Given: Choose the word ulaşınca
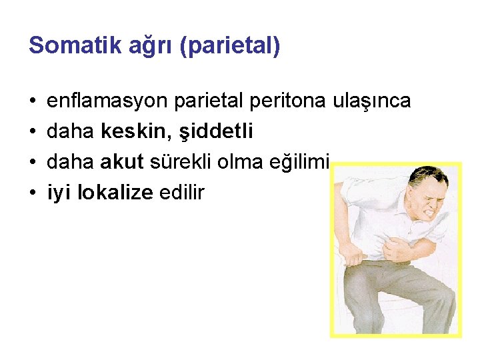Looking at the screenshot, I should click(x=371, y=101).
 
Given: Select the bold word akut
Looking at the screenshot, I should click(x=121, y=163).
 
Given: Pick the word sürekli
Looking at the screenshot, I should click(x=175, y=163).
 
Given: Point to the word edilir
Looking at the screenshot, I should click(x=181, y=193).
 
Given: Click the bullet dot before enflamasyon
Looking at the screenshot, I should click(x=33, y=102).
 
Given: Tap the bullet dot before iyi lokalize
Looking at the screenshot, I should click(x=33, y=194).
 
